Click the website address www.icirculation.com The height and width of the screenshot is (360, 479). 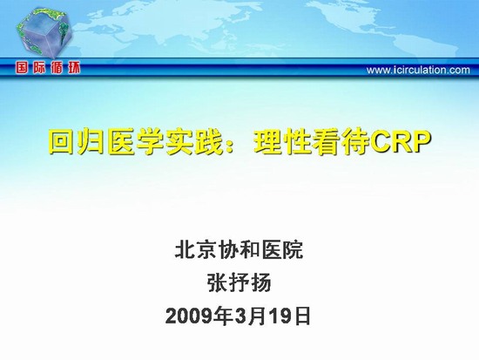(418, 70)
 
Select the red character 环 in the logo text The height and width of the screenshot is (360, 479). (74, 68)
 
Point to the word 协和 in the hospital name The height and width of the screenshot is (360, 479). (239, 250)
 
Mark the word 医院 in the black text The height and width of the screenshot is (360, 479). (282, 250)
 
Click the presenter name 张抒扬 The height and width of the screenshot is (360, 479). (239, 283)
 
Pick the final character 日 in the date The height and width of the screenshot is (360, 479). (302, 316)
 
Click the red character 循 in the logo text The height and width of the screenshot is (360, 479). (57, 68)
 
